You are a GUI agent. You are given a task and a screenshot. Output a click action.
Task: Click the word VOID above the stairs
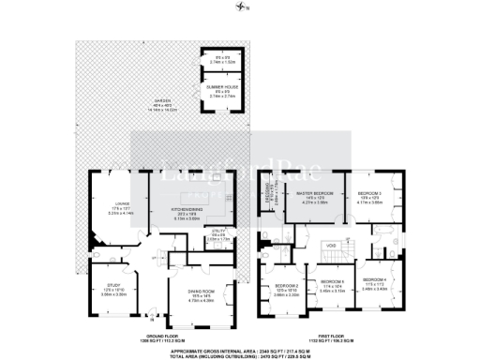[331, 246]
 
